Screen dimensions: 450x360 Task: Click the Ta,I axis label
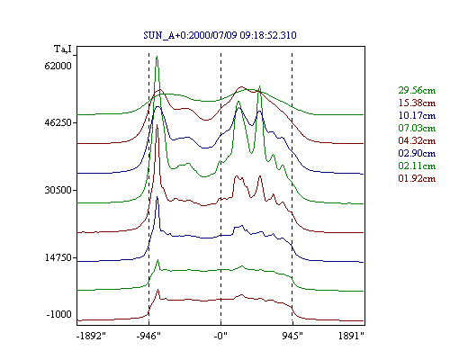point(63,49)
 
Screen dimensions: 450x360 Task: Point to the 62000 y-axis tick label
point(58,66)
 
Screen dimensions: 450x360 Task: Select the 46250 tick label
point(58,122)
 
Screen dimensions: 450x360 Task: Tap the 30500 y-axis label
point(58,190)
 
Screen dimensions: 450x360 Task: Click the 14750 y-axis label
point(58,257)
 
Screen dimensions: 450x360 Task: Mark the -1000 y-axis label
point(58,314)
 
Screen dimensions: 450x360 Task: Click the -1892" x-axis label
point(91,336)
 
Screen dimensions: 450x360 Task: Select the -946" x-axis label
point(148,336)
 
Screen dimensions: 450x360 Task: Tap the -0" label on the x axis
point(220,336)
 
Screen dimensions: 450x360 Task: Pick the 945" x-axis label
point(292,336)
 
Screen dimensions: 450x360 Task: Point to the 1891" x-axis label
point(351,336)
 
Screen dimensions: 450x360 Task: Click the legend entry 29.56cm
point(417,90)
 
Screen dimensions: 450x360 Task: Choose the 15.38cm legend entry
point(417,103)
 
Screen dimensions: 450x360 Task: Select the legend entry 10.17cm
point(417,115)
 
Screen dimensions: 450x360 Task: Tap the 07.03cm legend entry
point(417,128)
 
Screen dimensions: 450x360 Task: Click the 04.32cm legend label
point(417,140)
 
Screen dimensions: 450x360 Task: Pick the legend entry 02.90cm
point(417,153)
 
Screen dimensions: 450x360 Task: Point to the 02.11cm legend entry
point(417,166)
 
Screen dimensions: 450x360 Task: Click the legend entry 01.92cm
point(417,178)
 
